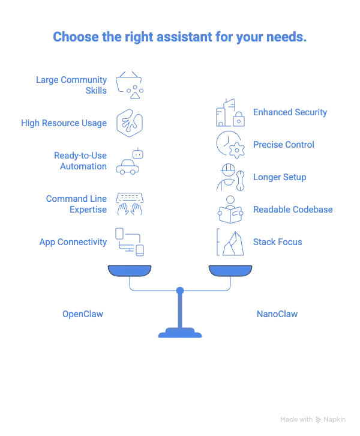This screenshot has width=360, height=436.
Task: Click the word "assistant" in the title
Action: (184, 37)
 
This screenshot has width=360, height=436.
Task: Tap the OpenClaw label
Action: (83, 314)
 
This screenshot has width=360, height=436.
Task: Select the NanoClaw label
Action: (277, 314)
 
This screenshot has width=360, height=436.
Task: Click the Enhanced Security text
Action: (290, 112)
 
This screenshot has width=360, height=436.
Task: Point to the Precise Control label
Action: (284, 145)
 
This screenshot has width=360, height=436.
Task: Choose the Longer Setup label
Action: (280, 177)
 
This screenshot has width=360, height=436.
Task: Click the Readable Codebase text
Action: (293, 210)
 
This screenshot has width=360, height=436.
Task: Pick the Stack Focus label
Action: (277, 242)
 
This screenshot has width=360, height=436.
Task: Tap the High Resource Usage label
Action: (64, 123)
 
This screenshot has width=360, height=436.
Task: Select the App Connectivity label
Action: (73, 242)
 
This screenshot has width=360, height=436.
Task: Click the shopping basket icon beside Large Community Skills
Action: (128, 82)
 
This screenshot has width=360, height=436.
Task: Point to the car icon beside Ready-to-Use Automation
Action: (127, 167)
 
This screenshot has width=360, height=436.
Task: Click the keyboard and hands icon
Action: (130, 204)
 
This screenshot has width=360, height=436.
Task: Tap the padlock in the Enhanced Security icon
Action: (239, 120)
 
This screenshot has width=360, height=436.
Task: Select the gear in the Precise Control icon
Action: (236, 151)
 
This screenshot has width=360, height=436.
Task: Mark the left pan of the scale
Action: (130, 271)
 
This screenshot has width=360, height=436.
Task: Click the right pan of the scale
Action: (230, 271)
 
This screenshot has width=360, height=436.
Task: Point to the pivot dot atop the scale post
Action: (180, 291)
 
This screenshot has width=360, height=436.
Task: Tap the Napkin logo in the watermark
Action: (319, 420)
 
